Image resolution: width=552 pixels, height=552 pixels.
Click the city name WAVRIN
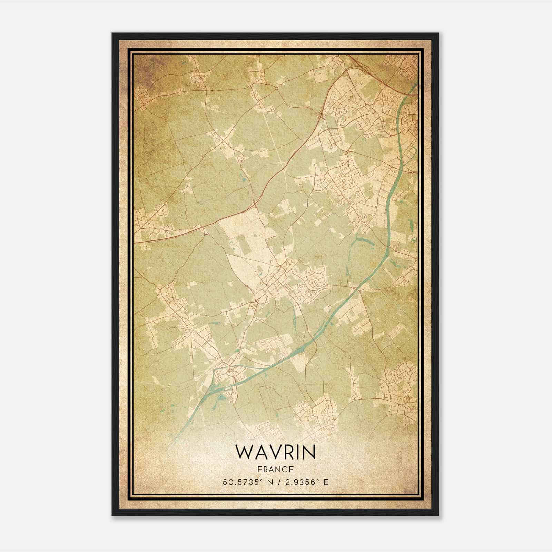point(275,452)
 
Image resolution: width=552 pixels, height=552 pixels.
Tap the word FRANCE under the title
point(275,469)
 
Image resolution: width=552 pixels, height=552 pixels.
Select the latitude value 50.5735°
point(240,482)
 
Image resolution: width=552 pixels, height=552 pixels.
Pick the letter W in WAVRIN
point(245,452)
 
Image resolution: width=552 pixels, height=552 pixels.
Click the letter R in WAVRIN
point(287,452)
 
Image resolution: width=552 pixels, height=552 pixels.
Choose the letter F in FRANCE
point(259,469)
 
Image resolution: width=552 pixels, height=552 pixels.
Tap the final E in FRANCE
point(292,469)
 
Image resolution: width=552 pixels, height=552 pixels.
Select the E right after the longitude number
point(326,482)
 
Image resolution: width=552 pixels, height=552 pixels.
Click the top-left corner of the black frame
point(112,33)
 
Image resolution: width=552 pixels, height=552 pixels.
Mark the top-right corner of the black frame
point(438,33)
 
